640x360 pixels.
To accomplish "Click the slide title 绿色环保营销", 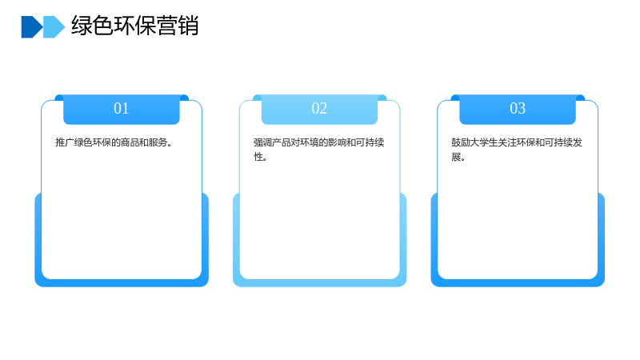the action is click(x=135, y=26).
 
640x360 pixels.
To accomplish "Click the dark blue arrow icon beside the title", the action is click(x=31, y=27).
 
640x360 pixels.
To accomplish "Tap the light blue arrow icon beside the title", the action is click(x=54, y=27).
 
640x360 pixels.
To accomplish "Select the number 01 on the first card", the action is click(x=122, y=108).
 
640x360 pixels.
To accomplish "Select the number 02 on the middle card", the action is click(x=319, y=108).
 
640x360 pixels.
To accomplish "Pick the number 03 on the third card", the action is click(x=518, y=108).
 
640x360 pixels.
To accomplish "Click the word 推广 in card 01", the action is click(x=65, y=142).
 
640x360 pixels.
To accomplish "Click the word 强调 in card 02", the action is click(x=262, y=142).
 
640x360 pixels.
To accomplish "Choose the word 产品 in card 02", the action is click(x=282, y=142).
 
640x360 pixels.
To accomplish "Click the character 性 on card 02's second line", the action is click(x=258, y=157).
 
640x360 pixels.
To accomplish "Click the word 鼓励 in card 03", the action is click(x=461, y=142).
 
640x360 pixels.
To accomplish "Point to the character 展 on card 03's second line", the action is click(x=456, y=157).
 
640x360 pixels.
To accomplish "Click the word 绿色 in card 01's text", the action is click(x=83, y=142).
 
